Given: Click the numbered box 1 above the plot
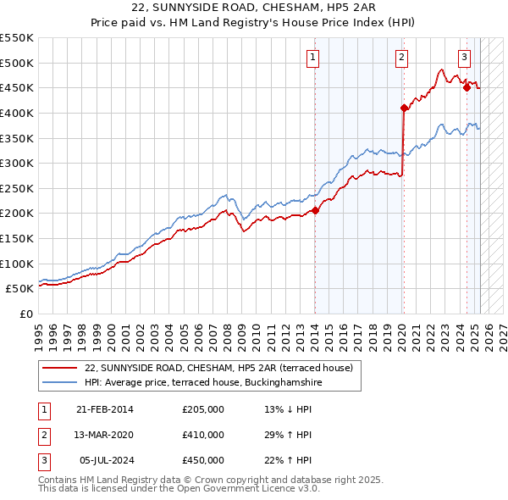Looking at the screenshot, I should coord(312,58).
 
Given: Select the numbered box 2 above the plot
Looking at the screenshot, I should coord(400,58).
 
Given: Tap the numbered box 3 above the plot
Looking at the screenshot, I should coord(465,58).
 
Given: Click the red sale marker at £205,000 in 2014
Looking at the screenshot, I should coord(315,210).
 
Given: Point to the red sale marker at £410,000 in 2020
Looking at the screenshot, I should coord(403,108).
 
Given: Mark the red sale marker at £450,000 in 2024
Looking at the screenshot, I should coord(467,87).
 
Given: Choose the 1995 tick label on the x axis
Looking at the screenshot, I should coord(39,333).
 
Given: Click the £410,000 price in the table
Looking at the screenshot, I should coord(203,435).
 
